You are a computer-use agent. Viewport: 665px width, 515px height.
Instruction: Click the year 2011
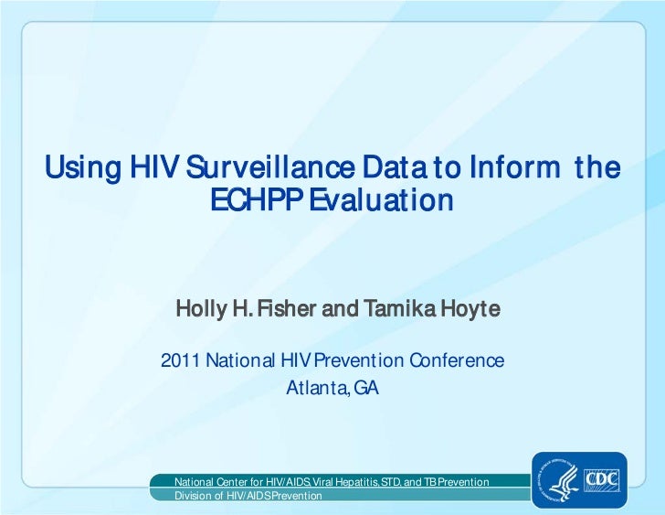pyautogui.click(x=180, y=360)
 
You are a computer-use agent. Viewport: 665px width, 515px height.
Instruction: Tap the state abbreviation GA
pyautogui.click(x=366, y=388)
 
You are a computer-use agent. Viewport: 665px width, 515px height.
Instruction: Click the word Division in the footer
pyautogui.click(x=193, y=495)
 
